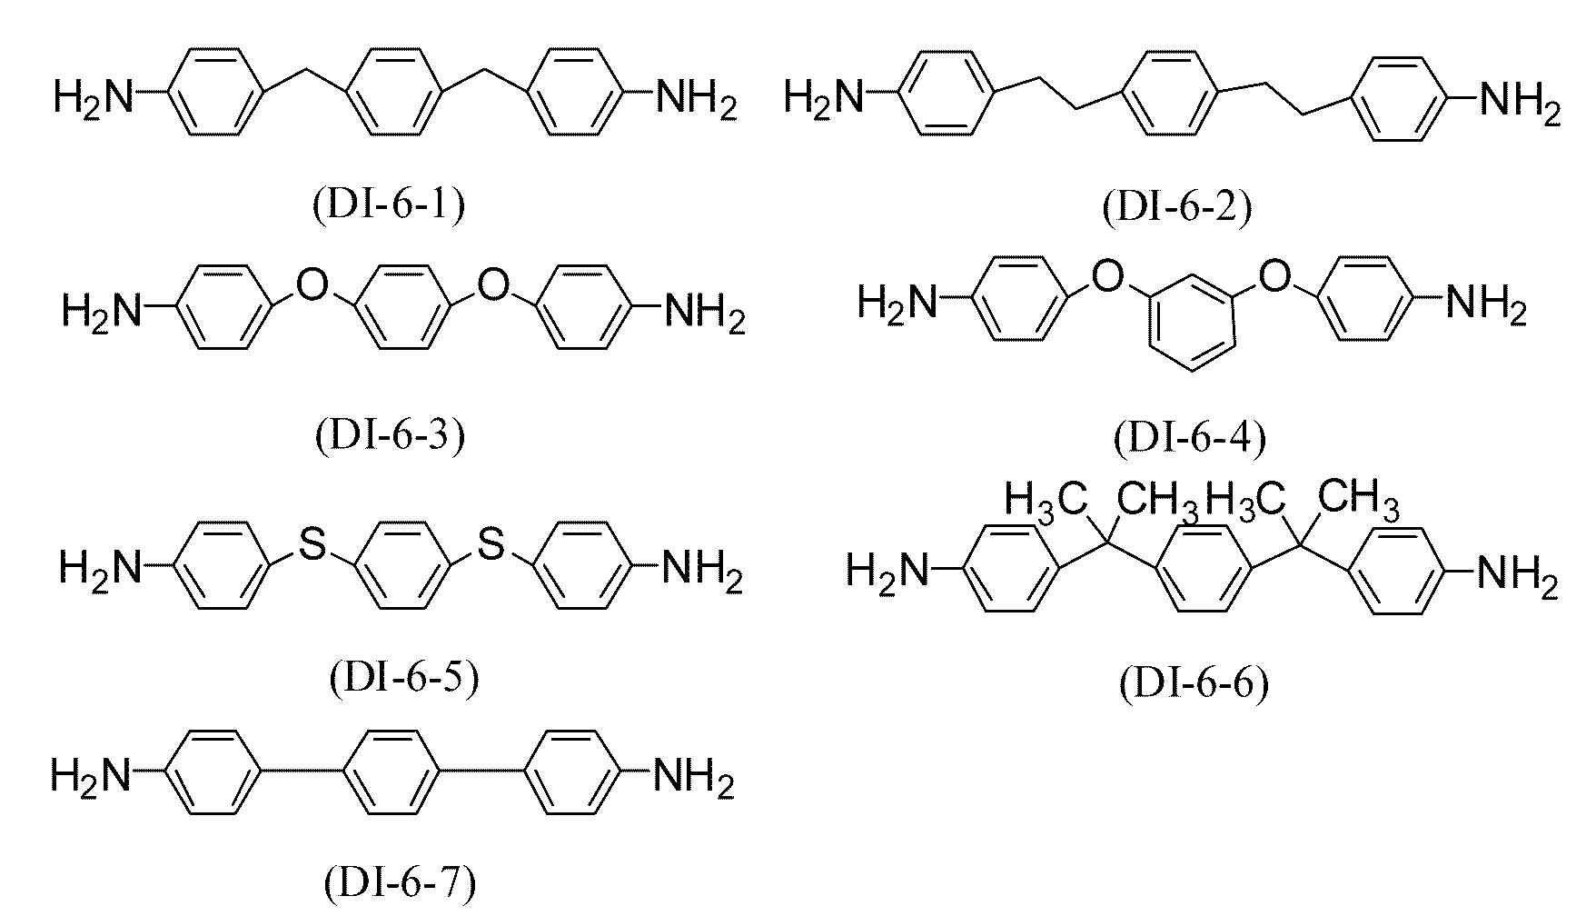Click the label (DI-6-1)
coord(390,206)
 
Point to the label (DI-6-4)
coord(1190,439)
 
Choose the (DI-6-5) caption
coord(402,678)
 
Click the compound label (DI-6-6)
coord(1194,684)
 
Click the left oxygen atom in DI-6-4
coord(1106,275)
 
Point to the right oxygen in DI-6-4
coord(1276,275)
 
